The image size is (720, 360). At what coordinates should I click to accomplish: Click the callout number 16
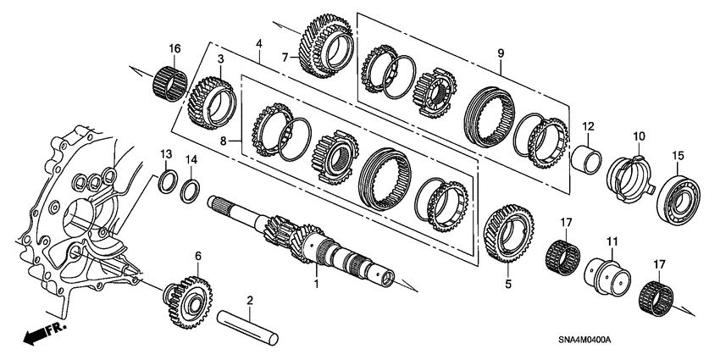pyautogui.click(x=174, y=48)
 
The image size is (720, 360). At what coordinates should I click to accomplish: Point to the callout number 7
pyautogui.click(x=287, y=58)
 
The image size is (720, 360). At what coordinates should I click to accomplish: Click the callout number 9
pyautogui.click(x=501, y=53)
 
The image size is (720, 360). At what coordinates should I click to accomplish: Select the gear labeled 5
pyautogui.click(x=505, y=233)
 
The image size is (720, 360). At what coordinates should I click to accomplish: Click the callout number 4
pyautogui.click(x=259, y=42)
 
